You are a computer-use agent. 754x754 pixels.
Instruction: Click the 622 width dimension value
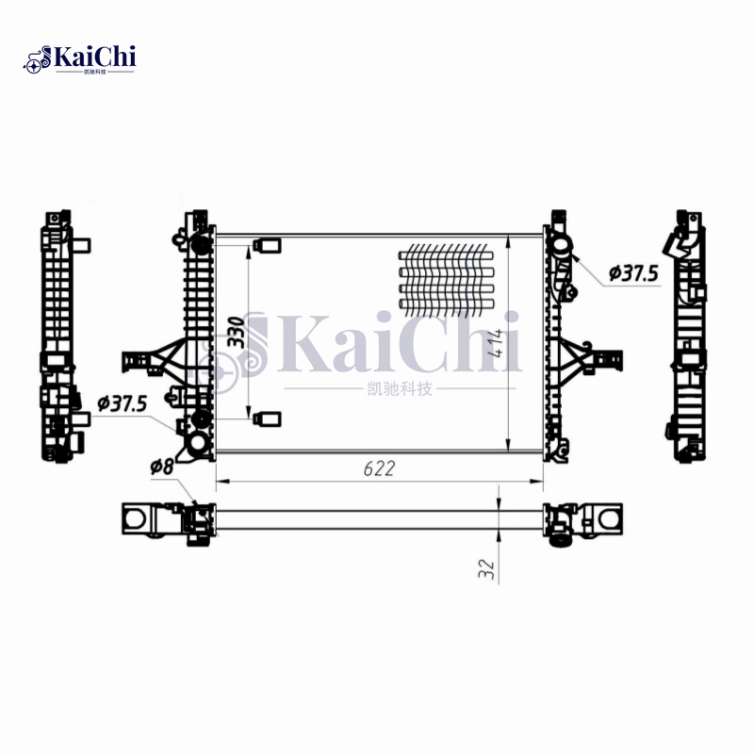379,467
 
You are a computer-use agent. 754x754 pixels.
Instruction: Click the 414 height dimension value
496,342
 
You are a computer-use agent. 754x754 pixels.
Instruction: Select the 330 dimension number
237,332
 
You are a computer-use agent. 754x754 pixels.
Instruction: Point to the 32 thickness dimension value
487,569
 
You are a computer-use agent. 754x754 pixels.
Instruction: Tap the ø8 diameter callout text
162,466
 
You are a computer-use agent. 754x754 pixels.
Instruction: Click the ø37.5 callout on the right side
633,273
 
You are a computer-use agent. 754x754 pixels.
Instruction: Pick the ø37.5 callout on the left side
122,403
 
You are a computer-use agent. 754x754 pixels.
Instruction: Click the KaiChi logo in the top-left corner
79,59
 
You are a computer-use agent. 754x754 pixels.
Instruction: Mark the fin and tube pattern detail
446,280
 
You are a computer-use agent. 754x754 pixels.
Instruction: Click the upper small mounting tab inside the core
267,246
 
